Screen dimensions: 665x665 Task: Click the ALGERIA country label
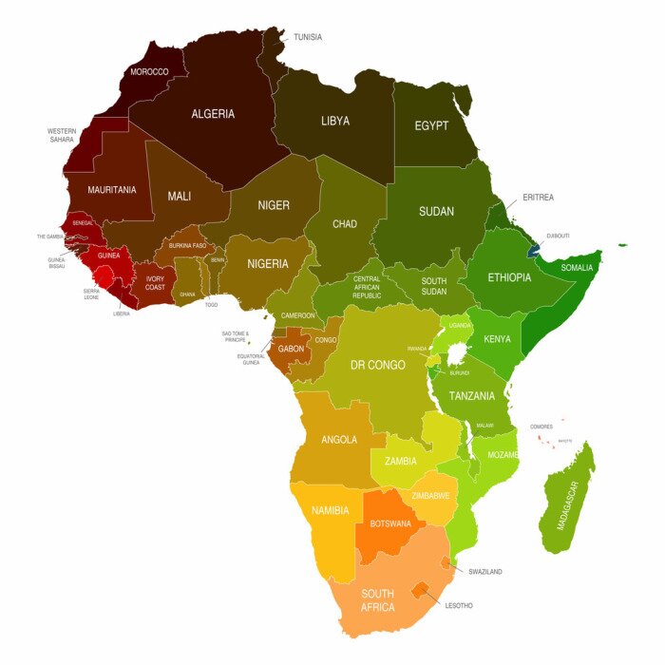[x=213, y=114]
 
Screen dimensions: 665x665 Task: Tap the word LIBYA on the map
[x=335, y=121]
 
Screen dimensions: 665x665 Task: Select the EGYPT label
[x=431, y=125]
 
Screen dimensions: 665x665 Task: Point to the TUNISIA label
[x=308, y=37]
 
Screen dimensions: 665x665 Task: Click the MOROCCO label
[x=149, y=71]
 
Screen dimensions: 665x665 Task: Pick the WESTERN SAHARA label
[x=62, y=135]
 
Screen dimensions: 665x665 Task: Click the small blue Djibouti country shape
[x=535, y=251]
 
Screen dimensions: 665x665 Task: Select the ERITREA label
[x=538, y=198]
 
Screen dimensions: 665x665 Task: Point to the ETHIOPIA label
[x=510, y=277]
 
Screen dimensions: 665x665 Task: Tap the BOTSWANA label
[x=390, y=523]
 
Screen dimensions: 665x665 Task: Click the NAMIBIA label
[x=331, y=510]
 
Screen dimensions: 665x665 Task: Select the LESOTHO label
[x=458, y=605]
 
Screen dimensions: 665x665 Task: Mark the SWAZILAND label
[x=484, y=572]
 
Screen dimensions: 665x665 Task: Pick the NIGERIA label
[x=268, y=263]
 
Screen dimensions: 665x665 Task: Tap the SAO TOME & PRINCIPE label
[x=235, y=336]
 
